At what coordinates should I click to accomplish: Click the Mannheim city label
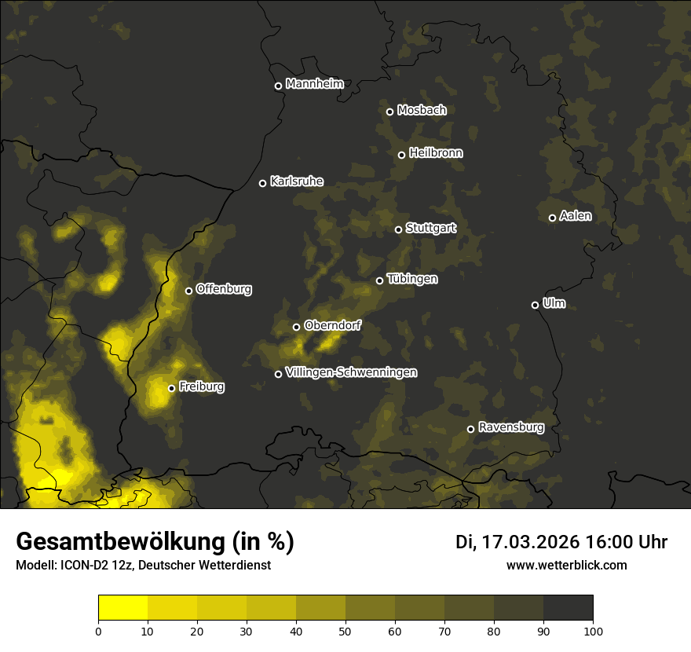tap(314, 84)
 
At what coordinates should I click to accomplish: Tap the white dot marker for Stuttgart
tap(398, 229)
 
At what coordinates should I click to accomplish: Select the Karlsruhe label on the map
tap(296, 181)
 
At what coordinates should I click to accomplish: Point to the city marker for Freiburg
tap(171, 388)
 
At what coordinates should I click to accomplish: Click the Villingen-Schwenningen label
tap(351, 372)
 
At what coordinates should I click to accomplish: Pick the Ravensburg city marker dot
tap(470, 429)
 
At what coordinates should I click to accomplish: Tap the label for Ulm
tap(554, 303)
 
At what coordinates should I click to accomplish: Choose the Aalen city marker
tap(552, 218)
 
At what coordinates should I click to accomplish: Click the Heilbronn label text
tap(436, 153)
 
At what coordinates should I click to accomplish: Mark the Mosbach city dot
tap(389, 112)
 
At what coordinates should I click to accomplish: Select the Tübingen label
tap(412, 279)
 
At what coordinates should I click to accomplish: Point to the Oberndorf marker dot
tap(296, 327)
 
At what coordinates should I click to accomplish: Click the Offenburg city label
tap(224, 289)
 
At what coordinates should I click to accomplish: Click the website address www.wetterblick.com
tap(566, 565)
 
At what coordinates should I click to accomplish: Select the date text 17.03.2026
tap(530, 542)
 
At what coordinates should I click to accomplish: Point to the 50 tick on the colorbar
tap(345, 631)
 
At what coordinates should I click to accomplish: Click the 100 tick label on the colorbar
tap(593, 631)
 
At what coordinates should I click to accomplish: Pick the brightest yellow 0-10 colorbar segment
tap(122, 608)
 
